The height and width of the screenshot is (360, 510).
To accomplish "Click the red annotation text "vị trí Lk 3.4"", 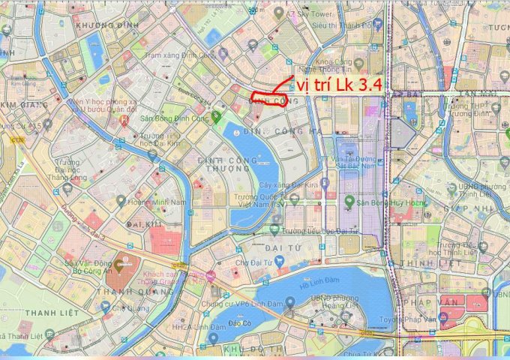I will (337, 85).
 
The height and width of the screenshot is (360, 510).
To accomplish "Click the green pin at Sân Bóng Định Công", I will (216, 117).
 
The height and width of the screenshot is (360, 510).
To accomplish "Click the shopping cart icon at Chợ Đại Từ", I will (279, 261).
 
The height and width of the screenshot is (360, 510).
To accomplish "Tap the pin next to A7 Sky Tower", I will (279, 13).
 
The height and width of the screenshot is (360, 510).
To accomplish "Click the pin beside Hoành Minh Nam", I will (121, 201).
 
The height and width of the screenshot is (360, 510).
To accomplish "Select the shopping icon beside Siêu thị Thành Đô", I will (378, 24).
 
